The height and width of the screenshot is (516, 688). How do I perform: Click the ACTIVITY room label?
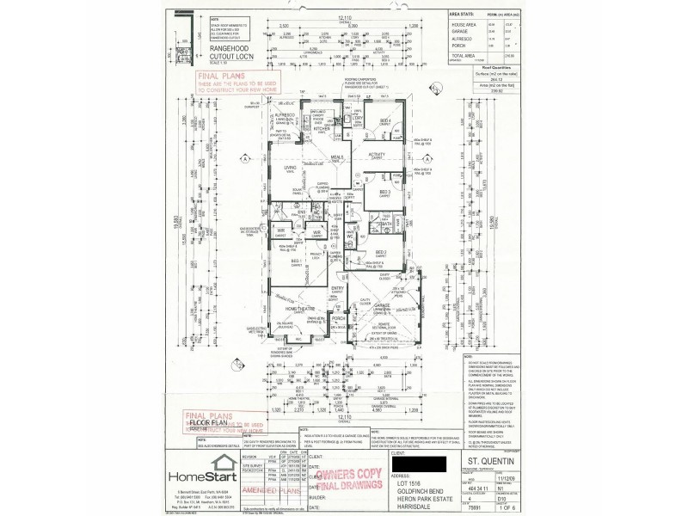(x=375, y=155)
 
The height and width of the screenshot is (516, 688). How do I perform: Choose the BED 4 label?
(x=386, y=120)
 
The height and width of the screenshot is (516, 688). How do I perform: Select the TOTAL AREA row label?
(x=464, y=55)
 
